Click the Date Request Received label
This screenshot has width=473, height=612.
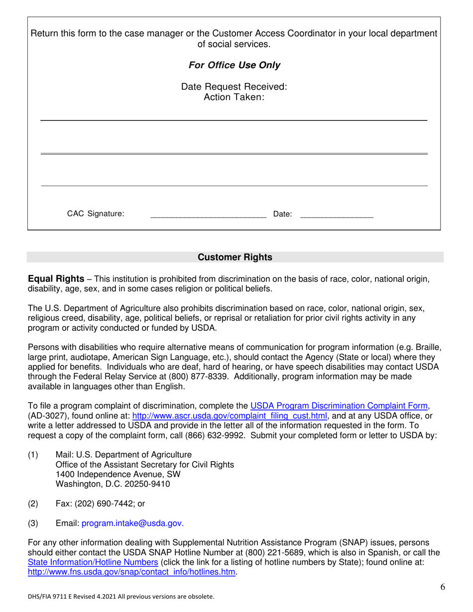tap(234, 87)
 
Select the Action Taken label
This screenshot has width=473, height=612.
tap(234, 97)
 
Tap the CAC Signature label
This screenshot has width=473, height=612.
tap(96, 214)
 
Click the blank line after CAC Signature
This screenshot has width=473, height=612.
tap(208, 215)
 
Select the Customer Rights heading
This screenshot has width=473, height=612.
tap(235, 257)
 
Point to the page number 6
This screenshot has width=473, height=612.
tap(443, 587)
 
